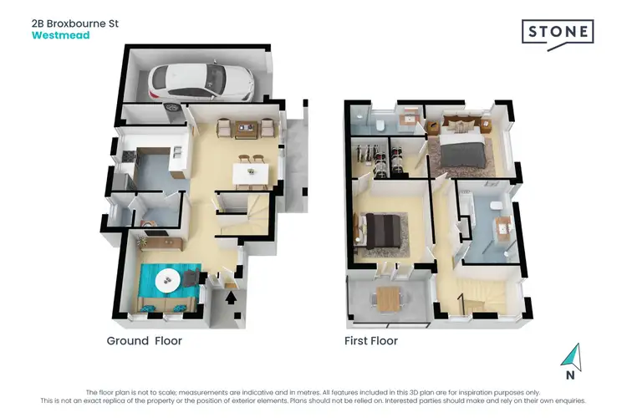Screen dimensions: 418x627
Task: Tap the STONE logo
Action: point(558,33)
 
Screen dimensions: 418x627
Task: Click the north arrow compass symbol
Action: point(572,357)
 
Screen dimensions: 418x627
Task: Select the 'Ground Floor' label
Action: point(144,341)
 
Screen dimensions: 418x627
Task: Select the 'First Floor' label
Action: point(371,341)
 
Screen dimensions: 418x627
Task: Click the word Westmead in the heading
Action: point(59,36)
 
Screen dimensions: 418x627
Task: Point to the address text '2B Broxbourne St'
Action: point(74,23)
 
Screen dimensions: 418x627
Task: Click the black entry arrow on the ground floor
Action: point(231,294)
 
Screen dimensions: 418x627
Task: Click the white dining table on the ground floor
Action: point(250,174)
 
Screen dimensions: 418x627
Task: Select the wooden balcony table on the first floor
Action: point(388,297)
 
